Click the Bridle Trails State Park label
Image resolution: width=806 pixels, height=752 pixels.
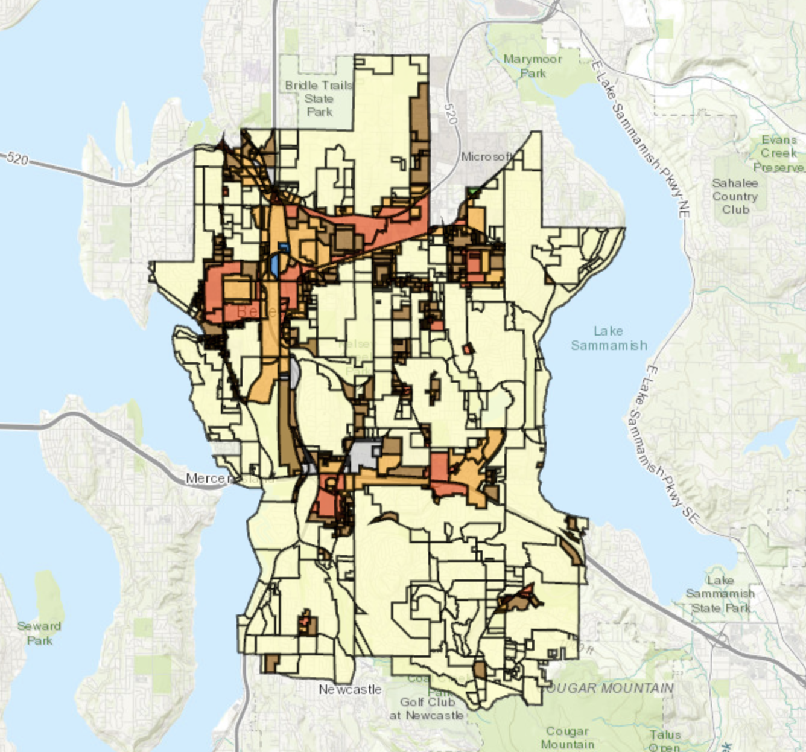pyautogui.click(x=319, y=98)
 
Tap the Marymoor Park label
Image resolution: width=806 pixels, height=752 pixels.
pyautogui.click(x=533, y=66)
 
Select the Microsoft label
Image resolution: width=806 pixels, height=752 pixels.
pyautogui.click(x=486, y=156)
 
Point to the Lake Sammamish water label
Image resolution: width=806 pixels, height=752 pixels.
pyautogui.click(x=609, y=338)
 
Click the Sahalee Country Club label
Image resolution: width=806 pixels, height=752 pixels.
pyautogui.click(x=735, y=196)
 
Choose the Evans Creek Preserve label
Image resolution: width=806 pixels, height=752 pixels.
pyautogui.click(x=779, y=153)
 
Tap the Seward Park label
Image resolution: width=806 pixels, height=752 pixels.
pyautogui.click(x=39, y=633)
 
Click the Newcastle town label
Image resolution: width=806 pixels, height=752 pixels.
pyautogui.click(x=350, y=689)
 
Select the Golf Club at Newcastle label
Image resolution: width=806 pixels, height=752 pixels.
pyautogui.click(x=427, y=709)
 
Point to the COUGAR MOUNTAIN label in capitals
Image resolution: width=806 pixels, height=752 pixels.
pyautogui.click(x=609, y=688)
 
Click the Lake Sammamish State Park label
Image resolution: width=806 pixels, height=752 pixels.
pyautogui.click(x=720, y=594)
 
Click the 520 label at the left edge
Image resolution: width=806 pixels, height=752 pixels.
pyautogui.click(x=17, y=159)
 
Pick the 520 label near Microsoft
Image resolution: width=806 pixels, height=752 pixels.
pyautogui.click(x=450, y=113)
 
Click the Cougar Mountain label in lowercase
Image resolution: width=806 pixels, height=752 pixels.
pyautogui.click(x=567, y=738)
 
